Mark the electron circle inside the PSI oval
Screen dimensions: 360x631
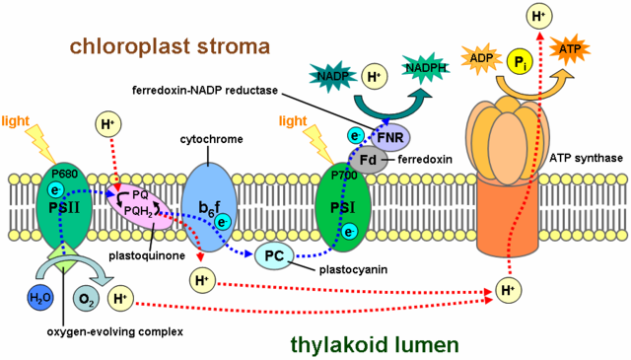coord(348,231)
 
